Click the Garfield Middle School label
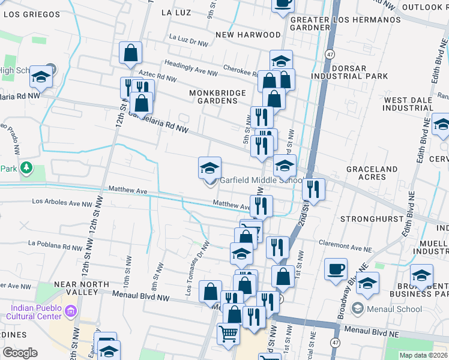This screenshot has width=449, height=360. click(x=261, y=181)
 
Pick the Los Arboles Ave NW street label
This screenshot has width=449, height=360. click(x=62, y=203)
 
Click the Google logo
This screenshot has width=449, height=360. click(x=19, y=353)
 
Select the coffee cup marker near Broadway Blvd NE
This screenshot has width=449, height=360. click(x=336, y=269)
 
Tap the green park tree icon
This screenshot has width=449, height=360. click(x=26, y=169)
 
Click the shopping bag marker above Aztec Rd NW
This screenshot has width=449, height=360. click(x=130, y=53)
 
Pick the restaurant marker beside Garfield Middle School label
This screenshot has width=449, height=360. click(x=313, y=190)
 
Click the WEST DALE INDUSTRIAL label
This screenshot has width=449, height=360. click(x=408, y=104)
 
